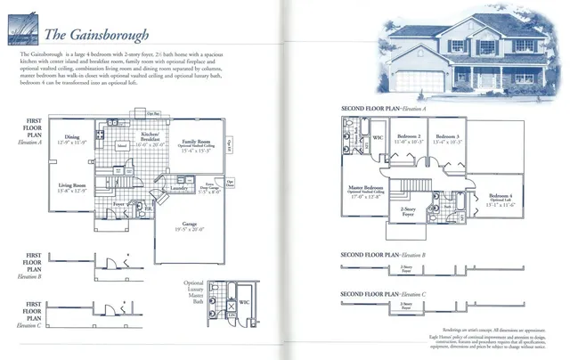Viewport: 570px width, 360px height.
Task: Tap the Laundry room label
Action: pyautogui.click(x=176, y=189)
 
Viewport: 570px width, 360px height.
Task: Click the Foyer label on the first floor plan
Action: pyautogui.click(x=118, y=204)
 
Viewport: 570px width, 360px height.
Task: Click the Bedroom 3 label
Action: pyautogui.click(x=449, y=139)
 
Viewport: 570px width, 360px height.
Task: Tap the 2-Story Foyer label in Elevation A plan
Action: pyautogui.click(x=409, y=213)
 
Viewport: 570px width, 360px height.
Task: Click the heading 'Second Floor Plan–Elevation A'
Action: pyautogui.click(x=384, y=109)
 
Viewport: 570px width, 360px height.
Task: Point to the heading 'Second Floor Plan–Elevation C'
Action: pyautogui.click(x=384, y=293)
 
